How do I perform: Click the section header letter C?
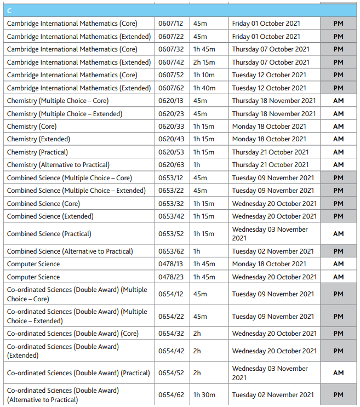pos(10,11)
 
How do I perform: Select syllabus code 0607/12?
pos(170,24)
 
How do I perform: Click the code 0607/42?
pos(170,62)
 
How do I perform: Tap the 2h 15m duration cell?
pos(204,62)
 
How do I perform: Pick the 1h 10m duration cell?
pos(204,75)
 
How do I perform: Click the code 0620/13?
pos(170,101)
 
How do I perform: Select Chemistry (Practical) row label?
pos(37,152)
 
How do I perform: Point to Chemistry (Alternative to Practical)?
pos(58,165)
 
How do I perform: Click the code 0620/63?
pos(170,165)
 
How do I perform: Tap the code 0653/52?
pos(170,234)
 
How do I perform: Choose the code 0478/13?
pos(170,264)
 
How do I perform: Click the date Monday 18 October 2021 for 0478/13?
pos(269,264)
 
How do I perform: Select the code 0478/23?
pos(170,277)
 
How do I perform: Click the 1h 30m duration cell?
pos(204,395)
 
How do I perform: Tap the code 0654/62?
pos(170,395)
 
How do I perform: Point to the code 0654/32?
pos(170,334)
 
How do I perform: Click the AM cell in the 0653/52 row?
pos(338,234)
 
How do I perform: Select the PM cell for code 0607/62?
pos(338,88)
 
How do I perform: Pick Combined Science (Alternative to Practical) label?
pos(70,251)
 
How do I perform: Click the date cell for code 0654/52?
pos(270,373)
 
